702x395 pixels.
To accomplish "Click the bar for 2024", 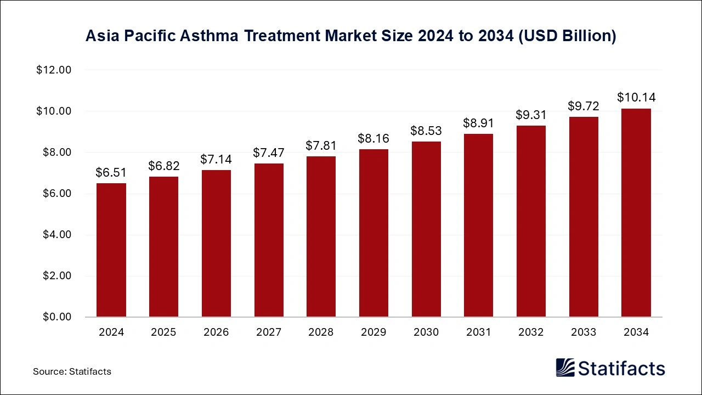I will [x=111, y=250].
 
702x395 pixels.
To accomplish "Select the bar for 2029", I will [x=373, y=233].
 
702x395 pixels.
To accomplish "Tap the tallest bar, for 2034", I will [x=636, y=213].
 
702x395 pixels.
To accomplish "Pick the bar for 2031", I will [x=479, y=225].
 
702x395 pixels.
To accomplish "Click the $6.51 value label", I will [x=111, y=173].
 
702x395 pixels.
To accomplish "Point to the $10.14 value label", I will [x=636, y=98].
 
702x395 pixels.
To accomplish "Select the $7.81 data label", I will [x=321, y=146].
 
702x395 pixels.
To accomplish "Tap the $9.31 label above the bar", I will [x=531, y=115].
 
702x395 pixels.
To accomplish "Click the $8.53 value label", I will [x=426, y=131].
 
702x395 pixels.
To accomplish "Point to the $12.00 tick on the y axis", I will [x=54, y=70].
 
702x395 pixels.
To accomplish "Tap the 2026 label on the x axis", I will [x=216, y=332].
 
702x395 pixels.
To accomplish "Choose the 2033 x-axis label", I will [x=584, y=332].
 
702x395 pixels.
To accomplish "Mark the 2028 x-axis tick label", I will [x=321, y=332].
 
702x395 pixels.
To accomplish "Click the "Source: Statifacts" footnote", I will [x=72, y=371].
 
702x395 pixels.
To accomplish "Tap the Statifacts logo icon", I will [x=565, y=368].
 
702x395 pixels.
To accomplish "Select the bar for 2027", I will [x=269, y=240].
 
